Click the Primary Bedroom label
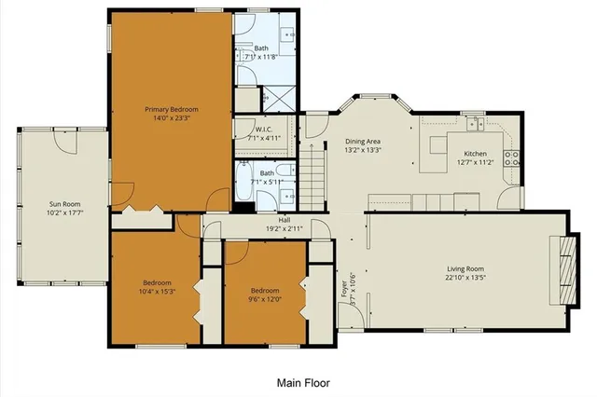coord(171,109)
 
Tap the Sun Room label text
coord(63,203)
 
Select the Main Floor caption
coord(303,382)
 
